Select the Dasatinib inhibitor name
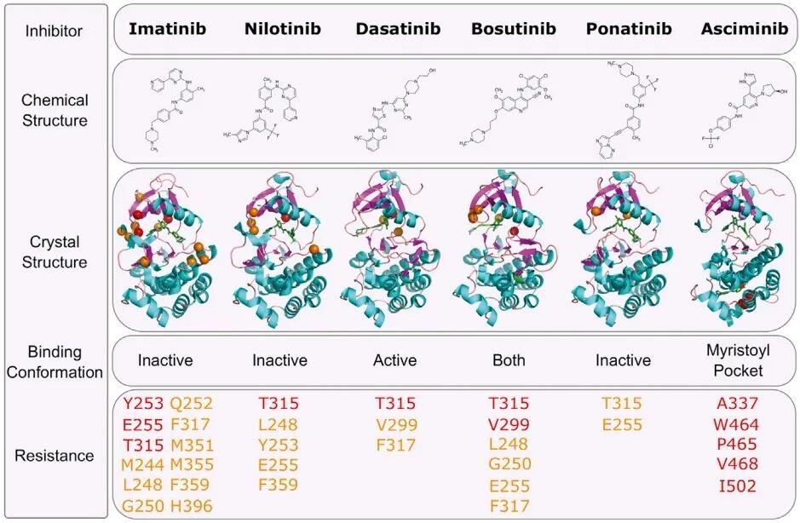pos(399,29)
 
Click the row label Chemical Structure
pos(55,110)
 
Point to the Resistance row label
pos(55,456)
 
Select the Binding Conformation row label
pos(55,361)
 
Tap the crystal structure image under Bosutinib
pos(511,250)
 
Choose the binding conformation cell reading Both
pos(509,360)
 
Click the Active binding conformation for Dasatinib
pos(395,360)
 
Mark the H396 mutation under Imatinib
pos(192,506)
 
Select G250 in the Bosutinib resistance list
pos(509,465)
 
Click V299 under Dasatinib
pos(395,424)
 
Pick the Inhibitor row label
pos(55,31)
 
